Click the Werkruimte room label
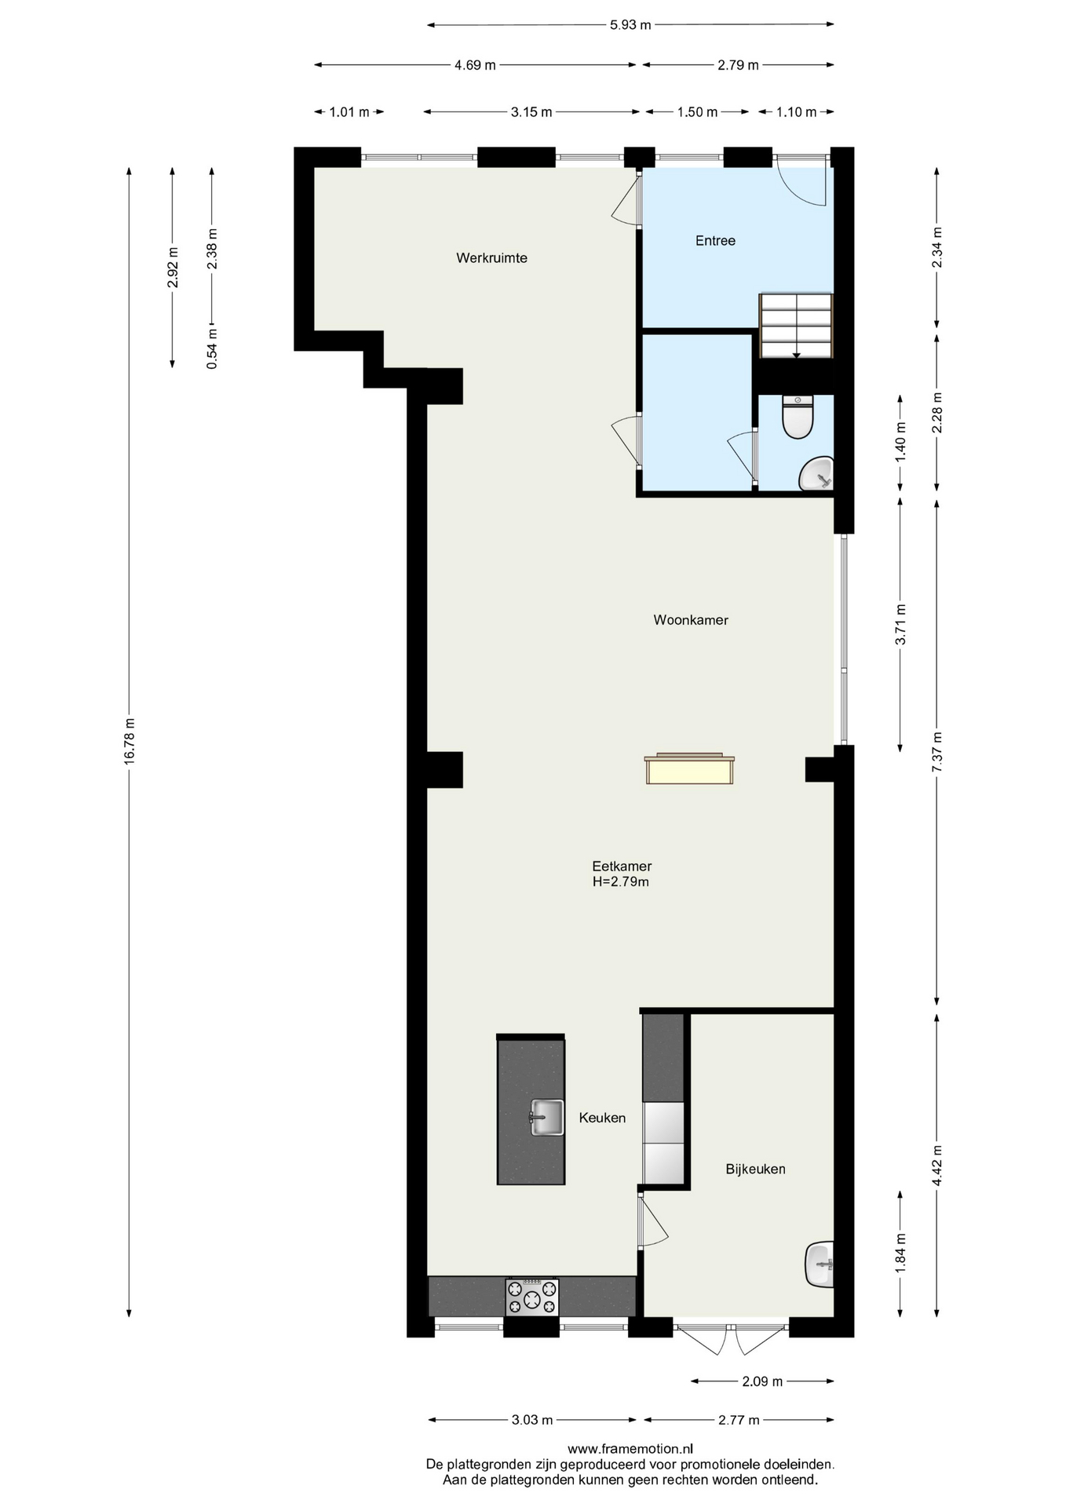tap(491, 257)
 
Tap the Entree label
tap(715, 241)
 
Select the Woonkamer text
tap(691, 620)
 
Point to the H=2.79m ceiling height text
tap(621, 881)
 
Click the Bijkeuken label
tap(755, 1169)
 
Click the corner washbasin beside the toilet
tap(817, 473)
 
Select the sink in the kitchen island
tap(546, 1117)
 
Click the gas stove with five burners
tap(532, 1296)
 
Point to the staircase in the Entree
tap(795, 326)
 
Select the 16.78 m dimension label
tap(130, 740)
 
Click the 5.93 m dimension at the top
tap(630, 24)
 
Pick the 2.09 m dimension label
tap(762, 1381)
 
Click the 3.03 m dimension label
tap(532, 1420)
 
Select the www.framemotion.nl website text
tap(630, 1449)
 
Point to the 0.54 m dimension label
tap(212, 348)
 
